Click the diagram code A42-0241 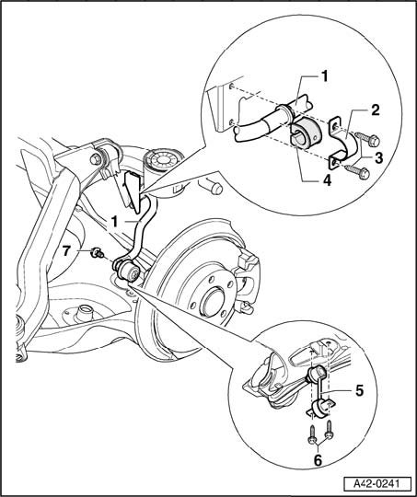pyautogui.click(x=376, y=484)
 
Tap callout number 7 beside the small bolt pyautogui.click(x=65, y=251)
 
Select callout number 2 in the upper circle pyautogui.click(x=376, y=110)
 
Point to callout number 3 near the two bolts pyautogui.click(x=378, y=157)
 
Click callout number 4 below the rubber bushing pyautogui.click(x=328, y=180)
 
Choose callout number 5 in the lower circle pyautogui.click(x=359, y=391)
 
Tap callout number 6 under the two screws pyautogui.click(x=318, y=460)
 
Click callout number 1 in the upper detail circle pyautogui.click(x=324, y=76)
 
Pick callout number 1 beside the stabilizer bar pyautogui.click(x=114, y=222)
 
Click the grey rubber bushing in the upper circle pyautogui.click(x=307, y=133)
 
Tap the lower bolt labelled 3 pyautogui.click(x=357, y=172)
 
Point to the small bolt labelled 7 pyautogui.click(x=97, y=252)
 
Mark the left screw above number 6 pyautogui.click(x=312, y=434)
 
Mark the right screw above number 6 pyautogui.click(x=330, y=430)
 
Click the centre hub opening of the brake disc pyautogui.click(x=212, y=302)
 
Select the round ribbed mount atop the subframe pyautogui.click(x=163, y=160)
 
